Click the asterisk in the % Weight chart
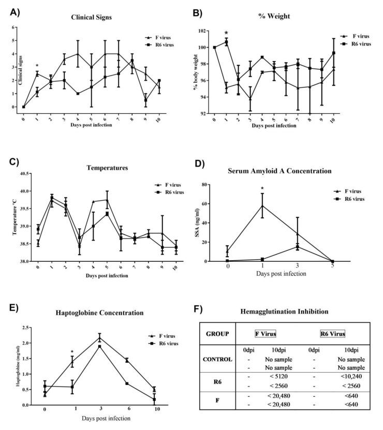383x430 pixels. point(226,33)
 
